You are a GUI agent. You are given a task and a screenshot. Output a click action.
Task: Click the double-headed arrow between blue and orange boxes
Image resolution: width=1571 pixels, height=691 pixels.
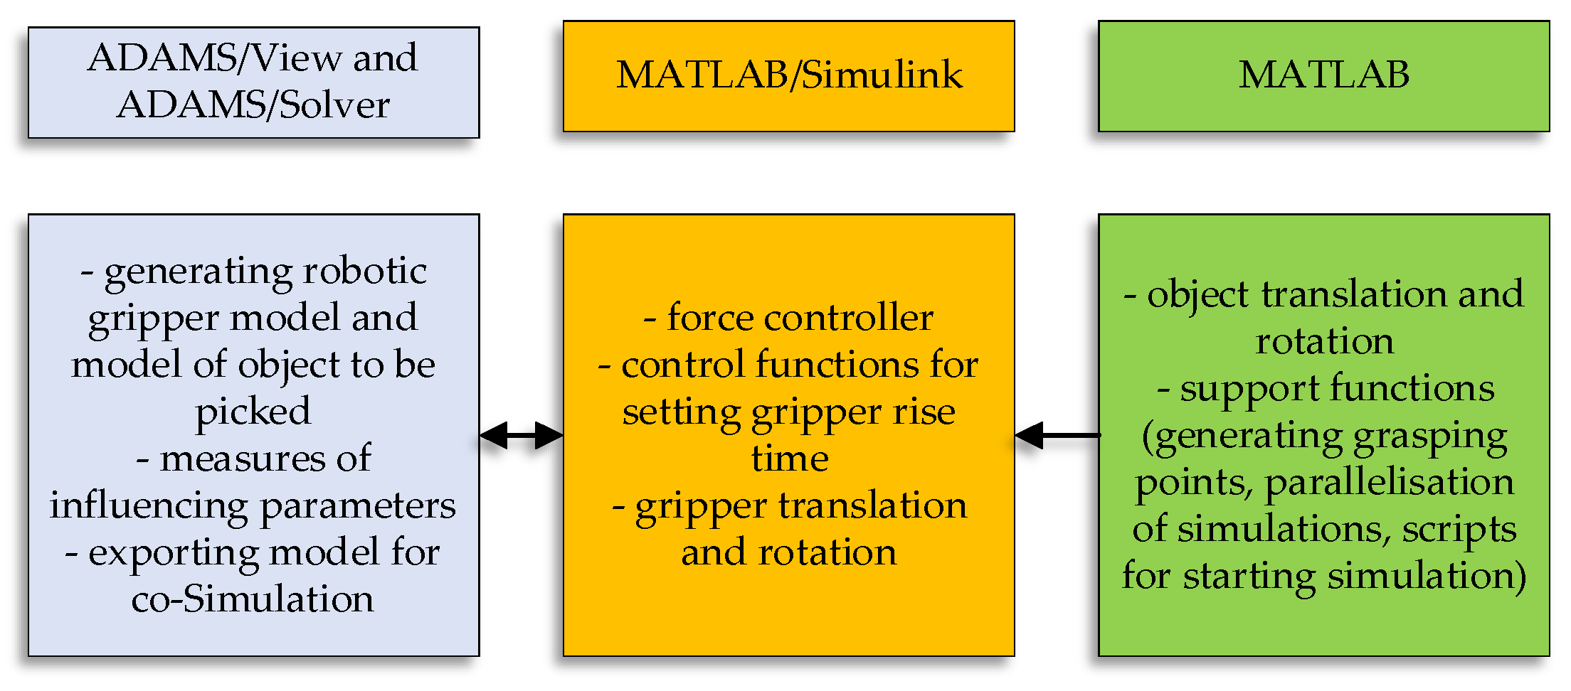click(522, 435)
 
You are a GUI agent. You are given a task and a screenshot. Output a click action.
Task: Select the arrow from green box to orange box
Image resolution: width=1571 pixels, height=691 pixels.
click(1057, 435)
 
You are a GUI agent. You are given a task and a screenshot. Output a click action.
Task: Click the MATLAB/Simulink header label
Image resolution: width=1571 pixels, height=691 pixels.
click(788, 75)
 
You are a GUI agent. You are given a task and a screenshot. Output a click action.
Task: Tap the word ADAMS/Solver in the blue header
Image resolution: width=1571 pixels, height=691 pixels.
click(253, 106)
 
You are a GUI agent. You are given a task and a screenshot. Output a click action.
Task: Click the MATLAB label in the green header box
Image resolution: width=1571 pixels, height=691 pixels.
click(1323, 75)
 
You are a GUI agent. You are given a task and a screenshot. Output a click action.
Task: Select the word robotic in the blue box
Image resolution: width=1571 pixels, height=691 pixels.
click(365, 271)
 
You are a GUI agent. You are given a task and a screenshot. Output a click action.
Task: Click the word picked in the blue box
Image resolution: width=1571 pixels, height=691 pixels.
click(253, 412)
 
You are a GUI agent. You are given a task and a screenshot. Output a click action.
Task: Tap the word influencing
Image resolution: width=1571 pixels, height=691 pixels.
click(150, 506)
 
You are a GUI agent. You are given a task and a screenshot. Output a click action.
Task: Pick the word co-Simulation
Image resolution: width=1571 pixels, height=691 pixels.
click(253, 599)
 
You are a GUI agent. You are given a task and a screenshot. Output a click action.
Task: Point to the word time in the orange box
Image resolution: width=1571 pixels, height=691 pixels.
click(790, 459)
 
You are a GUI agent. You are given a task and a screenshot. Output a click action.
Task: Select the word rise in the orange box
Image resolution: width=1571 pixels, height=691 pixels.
click(924, 412)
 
